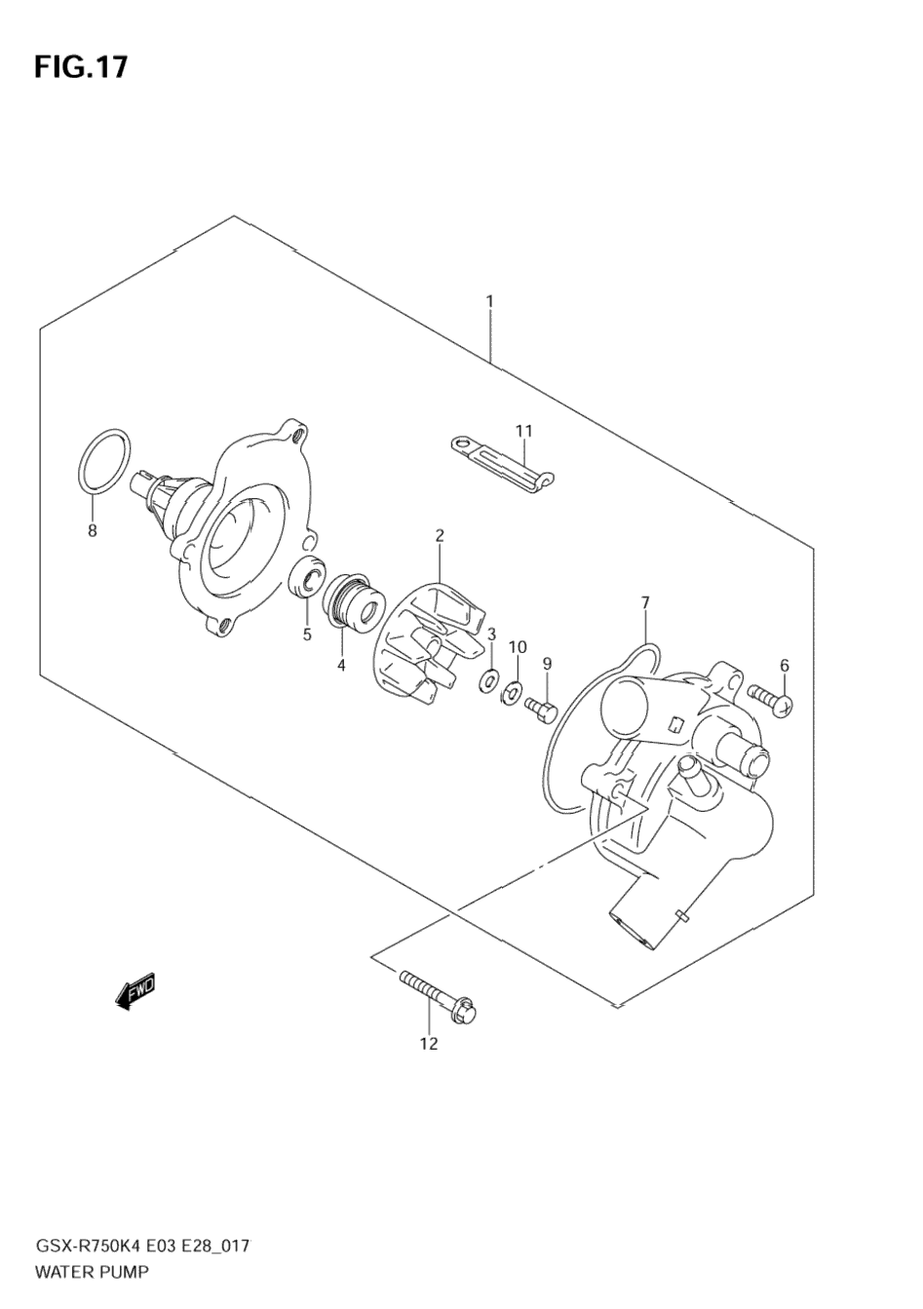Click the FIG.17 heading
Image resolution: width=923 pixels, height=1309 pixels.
tap(81, 66)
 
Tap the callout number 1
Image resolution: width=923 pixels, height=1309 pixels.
tap(489, 301)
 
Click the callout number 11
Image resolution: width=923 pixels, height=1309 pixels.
tap(524, 430)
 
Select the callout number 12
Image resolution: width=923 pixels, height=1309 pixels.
tap(429, 1045)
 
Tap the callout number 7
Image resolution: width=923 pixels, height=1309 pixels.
tap(645, 602)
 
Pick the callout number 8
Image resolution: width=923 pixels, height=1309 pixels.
tap(93, 531)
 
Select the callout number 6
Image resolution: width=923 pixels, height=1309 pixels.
tap(784, 665)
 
